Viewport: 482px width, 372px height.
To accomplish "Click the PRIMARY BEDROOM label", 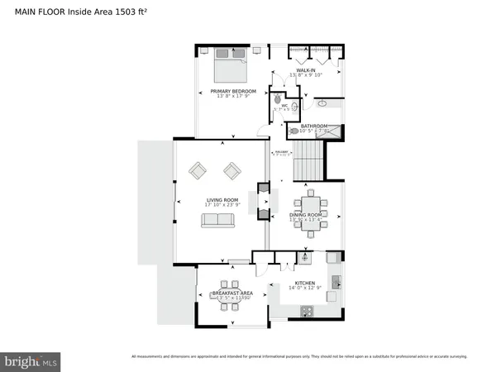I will [x=233, y=91].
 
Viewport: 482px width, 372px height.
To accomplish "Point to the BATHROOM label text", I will [x=314, y=126].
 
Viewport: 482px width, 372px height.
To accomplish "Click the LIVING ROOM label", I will [x=222, y=199].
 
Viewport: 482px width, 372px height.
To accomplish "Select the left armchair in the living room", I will [x=198, y=171].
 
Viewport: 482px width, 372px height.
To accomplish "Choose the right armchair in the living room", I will [x=232, y=171].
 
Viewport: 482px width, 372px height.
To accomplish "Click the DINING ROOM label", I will [x=307, y=215].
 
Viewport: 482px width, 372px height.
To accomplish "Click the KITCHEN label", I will [x=306, y=284].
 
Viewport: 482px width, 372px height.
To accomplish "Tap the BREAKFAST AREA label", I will [x=226, y=293].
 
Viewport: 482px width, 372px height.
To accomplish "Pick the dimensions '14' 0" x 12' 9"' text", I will [x=306, y=289].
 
